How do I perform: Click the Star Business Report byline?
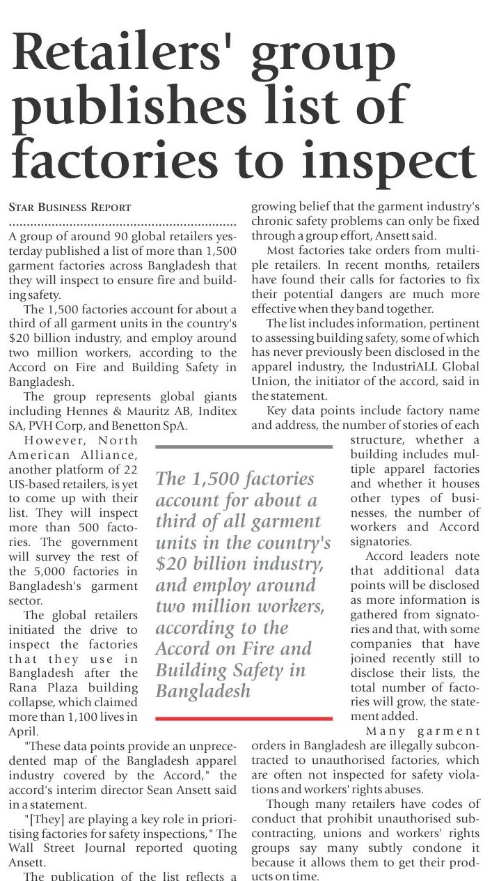70,208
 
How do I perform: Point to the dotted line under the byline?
122,224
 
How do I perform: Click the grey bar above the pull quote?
244,446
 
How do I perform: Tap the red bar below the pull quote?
244,718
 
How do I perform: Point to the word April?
22,731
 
